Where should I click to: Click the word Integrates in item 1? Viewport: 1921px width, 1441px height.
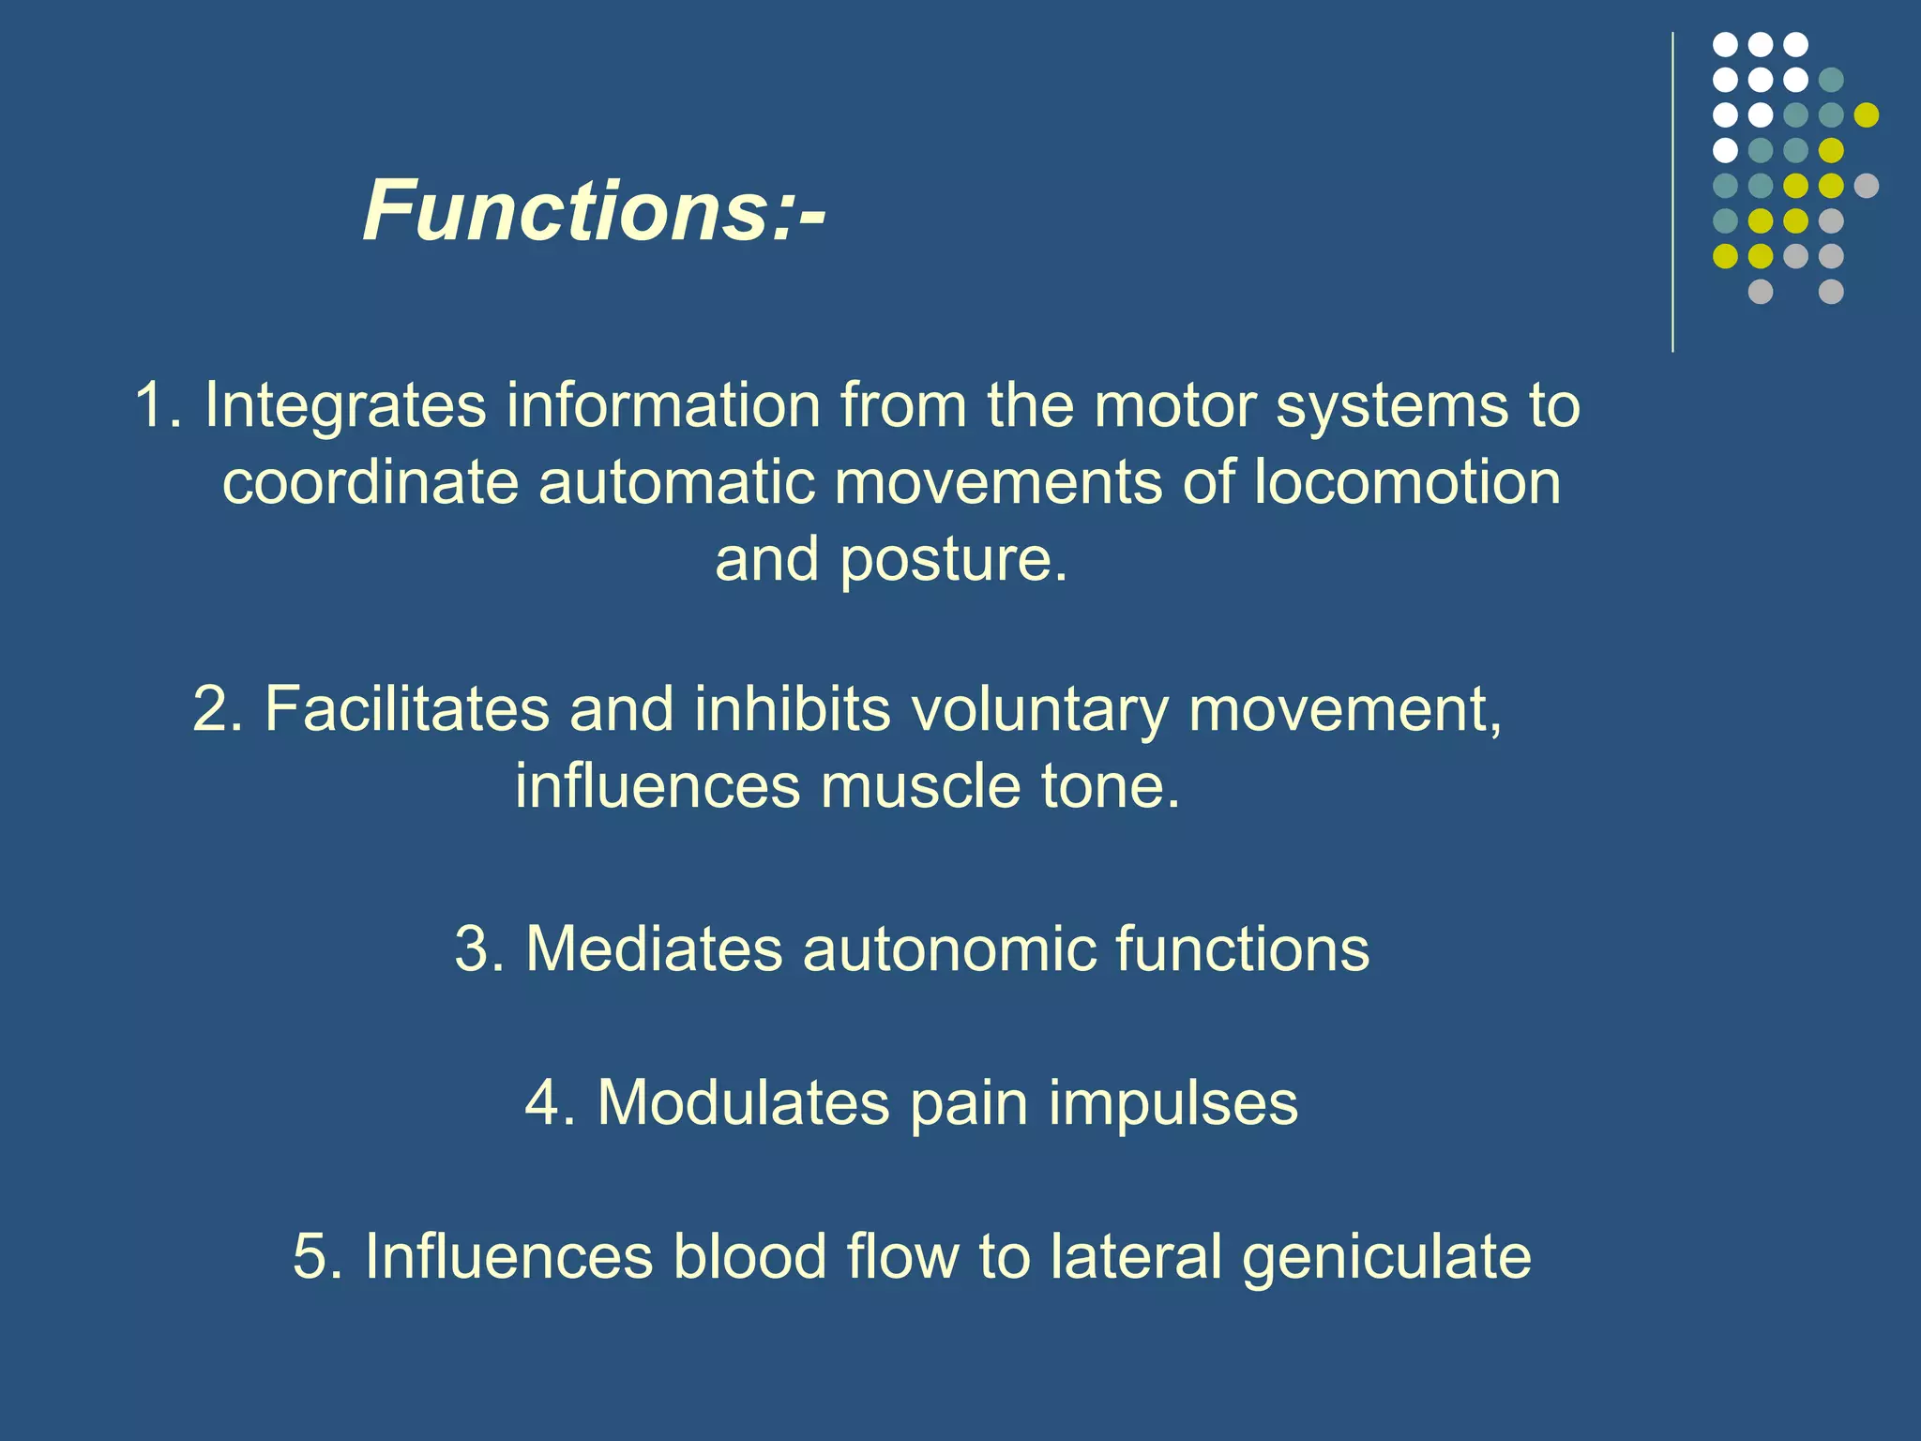[x=345, y=405]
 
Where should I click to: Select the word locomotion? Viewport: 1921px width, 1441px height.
[x=1407, y=482]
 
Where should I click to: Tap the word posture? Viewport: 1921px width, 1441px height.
[x=953, y=560]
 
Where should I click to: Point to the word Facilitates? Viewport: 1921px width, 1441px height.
[x=406, y=708]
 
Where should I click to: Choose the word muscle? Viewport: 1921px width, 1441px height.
[x=920, y=785]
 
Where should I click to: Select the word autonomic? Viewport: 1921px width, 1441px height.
[x=948, y=948]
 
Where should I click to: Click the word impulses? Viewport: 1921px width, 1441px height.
[x=1172, y=1103]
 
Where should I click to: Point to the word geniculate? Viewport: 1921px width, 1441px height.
[x=1386, y=1258]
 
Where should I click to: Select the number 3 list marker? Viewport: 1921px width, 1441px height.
[x=473, y=948]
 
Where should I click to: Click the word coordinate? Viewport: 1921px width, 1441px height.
[x=371, y=482]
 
